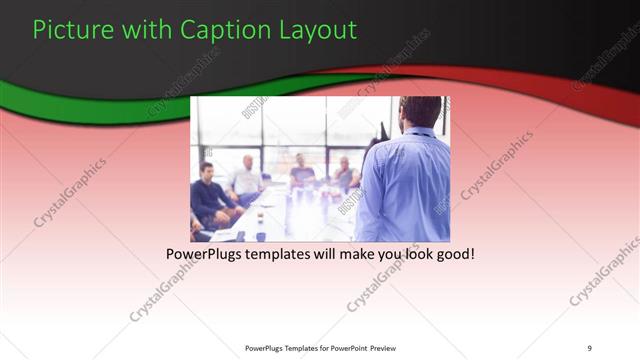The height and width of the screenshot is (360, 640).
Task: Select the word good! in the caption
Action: pos(453,254)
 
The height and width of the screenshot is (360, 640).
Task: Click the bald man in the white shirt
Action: pos(245,176)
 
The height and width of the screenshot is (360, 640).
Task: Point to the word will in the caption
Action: pos(333,254)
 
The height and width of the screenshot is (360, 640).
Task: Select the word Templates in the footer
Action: pos(290,348)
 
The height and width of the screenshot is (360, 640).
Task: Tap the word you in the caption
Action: pos(390,254)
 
